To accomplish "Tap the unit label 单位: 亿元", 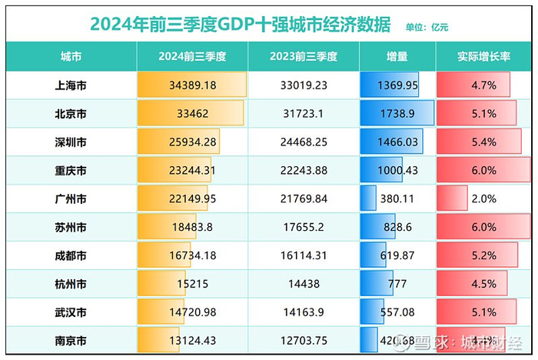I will click(x=427, y=27).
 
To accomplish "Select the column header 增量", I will click(x=397, y=56).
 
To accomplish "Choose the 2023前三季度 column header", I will click(x=304, y=56).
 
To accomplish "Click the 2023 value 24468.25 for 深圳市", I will click(x=304, y=142).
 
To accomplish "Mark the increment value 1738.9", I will click(x=397, y=114).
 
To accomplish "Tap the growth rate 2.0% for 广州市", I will click(x=483, y=199).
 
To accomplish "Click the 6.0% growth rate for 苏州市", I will click(x=483, y=228).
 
